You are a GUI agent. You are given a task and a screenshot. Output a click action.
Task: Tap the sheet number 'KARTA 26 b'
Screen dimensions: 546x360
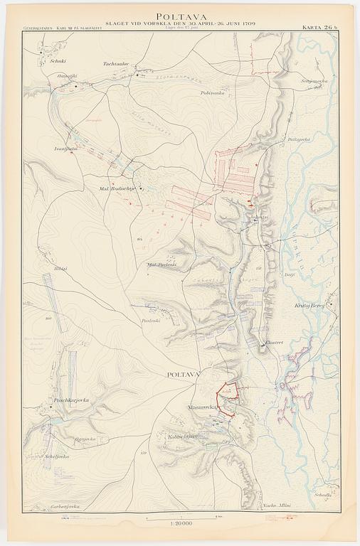319,28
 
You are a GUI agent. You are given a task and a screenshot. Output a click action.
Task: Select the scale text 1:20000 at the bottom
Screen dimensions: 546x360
180,524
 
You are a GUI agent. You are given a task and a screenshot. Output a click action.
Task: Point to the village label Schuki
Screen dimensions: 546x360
48,60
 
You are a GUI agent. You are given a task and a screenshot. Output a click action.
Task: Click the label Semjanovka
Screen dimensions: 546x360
314,80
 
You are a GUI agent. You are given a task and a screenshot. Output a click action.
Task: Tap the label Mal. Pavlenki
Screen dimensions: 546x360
161,264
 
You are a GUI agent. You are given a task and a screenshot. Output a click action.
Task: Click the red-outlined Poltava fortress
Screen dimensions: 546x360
228,397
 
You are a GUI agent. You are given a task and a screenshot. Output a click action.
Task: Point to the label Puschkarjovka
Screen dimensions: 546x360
70,401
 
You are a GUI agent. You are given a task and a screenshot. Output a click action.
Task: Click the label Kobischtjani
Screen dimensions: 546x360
182,436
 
